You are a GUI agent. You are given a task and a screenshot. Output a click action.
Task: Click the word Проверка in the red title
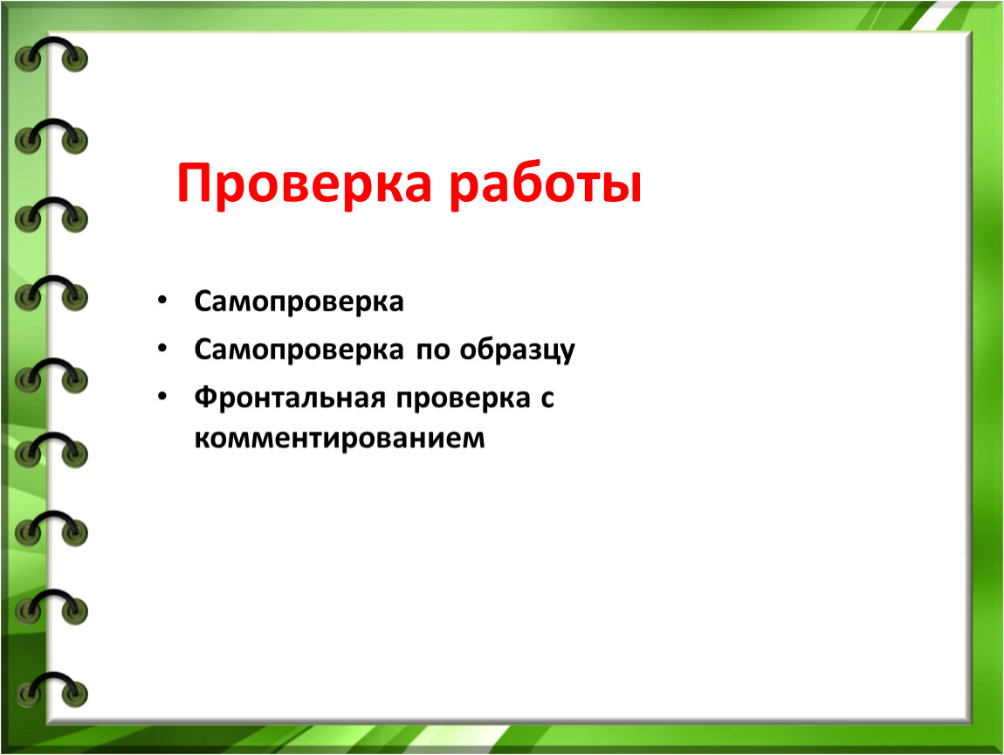[304, 184]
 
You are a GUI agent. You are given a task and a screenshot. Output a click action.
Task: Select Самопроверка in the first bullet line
[299, 302]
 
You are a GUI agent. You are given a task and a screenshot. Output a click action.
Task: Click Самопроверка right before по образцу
[299, 350]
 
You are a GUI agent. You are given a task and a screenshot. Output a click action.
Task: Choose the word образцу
[518, 350]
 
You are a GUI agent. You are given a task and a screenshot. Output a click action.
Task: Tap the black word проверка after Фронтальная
[463, 400]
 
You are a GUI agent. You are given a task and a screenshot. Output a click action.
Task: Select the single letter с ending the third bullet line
[547, 399]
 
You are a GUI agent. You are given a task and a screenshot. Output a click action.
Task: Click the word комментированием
[340, 439]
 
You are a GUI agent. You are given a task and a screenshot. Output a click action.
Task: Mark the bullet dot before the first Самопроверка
[162, 301]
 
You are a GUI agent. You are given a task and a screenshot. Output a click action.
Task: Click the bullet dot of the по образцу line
[162, 349]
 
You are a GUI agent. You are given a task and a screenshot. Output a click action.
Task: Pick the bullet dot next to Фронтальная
[162, 397]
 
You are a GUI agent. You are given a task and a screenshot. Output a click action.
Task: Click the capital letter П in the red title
[196, 184]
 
